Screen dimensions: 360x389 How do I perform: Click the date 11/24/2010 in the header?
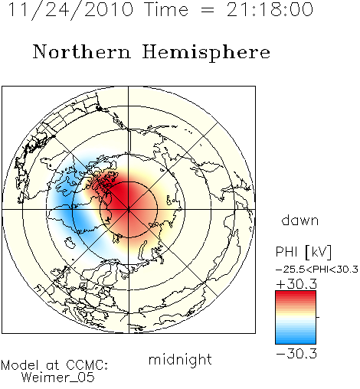(x=70, y=10)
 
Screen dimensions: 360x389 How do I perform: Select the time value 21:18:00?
(x=270, y=9)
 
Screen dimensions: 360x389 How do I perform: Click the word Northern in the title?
(x=82, y=52)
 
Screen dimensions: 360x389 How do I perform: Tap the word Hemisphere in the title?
(x=206, y=53)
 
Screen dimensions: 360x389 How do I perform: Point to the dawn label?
(x=300, y=220)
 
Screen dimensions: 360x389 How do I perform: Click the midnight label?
(x=180, y=360)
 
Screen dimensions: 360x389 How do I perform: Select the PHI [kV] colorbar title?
(x=303, y=252)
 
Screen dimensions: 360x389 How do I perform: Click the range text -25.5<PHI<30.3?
(x=317, y=270)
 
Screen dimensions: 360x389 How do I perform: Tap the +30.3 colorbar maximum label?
(x=296, y=284)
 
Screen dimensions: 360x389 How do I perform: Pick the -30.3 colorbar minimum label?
(x=296, y=354)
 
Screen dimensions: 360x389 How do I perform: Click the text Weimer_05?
(x=58, y=378)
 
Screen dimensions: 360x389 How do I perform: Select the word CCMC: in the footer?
(x=87, y=365)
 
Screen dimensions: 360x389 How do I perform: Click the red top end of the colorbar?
(x=296, y=293)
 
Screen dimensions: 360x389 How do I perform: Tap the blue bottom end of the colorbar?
(x=296, y=342)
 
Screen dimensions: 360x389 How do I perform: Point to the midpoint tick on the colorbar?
(x=318, y=317)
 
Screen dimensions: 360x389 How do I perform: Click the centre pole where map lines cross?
(x=129, y=209)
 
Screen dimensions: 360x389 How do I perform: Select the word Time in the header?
(x=166, y=9)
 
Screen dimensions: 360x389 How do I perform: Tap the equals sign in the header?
(x=208, y=11)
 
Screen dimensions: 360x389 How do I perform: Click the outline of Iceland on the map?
(x=70, y=243)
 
